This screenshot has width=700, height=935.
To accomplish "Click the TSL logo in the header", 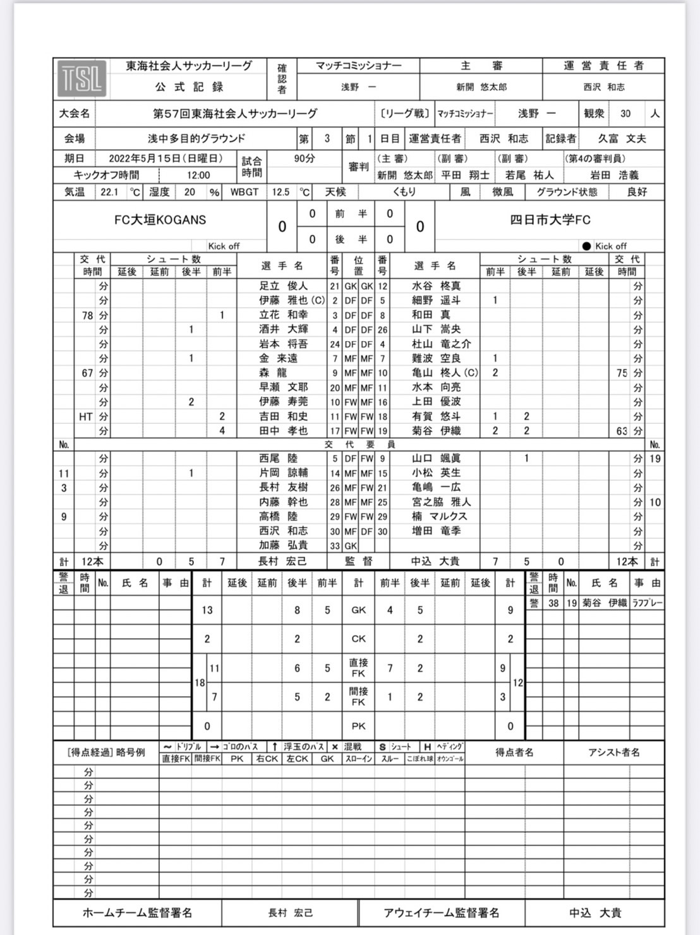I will (82, 78).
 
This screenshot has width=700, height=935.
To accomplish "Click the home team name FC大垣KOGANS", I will (160, 220).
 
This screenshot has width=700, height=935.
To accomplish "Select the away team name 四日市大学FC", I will (550, 220).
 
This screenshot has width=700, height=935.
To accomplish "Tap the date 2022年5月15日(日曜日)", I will (166, 159).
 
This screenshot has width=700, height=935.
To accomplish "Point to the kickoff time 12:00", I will (198, 175).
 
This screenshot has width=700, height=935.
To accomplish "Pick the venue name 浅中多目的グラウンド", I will (196, 138).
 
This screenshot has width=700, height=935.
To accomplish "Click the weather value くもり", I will (404, 191).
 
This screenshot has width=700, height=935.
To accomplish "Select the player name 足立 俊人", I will (283, 286).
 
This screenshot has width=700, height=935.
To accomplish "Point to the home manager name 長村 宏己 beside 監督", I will (283, 561).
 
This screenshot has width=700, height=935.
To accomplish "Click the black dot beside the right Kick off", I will (586, 246).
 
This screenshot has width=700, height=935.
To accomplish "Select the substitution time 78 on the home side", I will (87, 315).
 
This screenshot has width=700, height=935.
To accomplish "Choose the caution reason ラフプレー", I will (648, 603).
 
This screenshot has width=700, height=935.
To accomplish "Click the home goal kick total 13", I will (207, 610).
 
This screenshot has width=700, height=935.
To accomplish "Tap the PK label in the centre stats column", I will (358, 727).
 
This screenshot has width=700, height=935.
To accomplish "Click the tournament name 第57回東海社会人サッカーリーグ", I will (235, 114).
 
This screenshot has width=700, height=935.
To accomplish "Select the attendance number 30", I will (625, 114).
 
